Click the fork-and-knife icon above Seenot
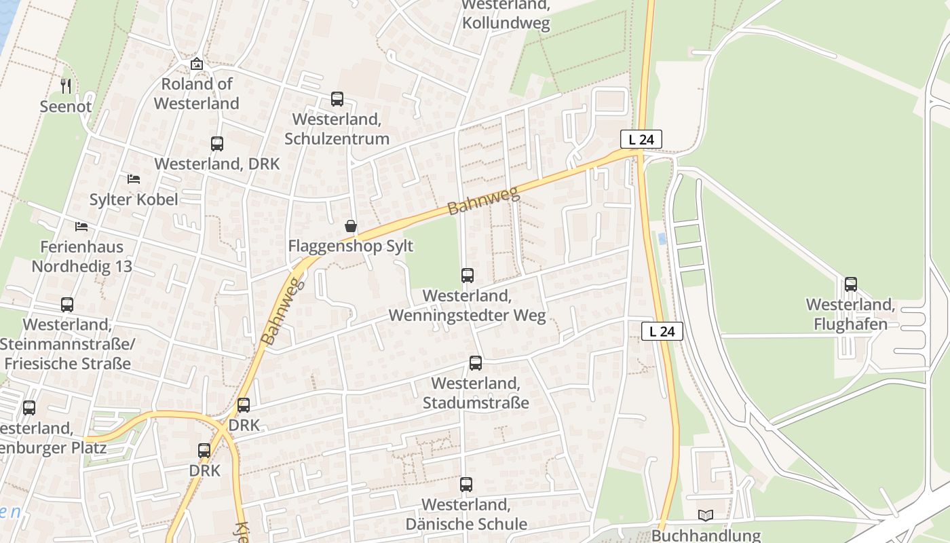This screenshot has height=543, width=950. coord(66,86)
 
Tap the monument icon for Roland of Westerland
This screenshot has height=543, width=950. coord(197,64)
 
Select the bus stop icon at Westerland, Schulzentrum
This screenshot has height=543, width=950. coord(337,99)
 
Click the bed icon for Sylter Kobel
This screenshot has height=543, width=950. coord(134,179)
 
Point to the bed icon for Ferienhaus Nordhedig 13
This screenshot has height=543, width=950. coord(81,226)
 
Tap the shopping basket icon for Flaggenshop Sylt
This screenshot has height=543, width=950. coord(351,226)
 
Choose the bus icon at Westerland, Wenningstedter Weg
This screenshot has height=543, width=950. coord(468,276)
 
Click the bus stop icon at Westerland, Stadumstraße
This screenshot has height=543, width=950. coord(476,363)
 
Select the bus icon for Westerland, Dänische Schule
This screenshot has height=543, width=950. coord(466,485)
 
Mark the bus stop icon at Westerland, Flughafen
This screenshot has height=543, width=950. coord(851,284)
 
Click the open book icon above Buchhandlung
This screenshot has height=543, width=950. coord(706,516)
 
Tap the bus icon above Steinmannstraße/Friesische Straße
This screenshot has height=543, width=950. coord(67,305)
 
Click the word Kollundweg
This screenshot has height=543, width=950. coord(506,22)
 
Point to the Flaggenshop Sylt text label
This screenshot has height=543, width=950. coord(351,246)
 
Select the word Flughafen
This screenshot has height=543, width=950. coord(850,324)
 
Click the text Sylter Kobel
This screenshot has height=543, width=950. coord(134,200)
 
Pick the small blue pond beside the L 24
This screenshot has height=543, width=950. coord(662,238)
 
